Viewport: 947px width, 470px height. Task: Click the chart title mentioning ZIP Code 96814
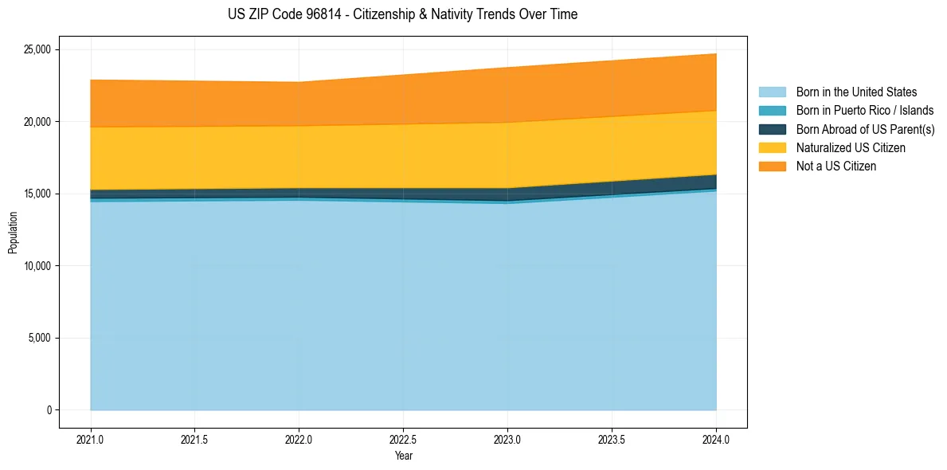(403, 14)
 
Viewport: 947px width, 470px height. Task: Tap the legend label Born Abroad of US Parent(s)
(865, 129)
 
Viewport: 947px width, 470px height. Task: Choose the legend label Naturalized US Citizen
(851, 148)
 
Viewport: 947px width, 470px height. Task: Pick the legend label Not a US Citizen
(835, 166)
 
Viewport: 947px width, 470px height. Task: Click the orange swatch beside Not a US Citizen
(772, 166)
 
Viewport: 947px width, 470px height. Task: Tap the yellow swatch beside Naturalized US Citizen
(772, 148)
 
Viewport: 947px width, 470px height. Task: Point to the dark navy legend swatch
(772, 129)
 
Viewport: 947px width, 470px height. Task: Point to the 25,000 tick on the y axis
(36, 49)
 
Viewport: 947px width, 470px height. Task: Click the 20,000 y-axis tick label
(36, 122)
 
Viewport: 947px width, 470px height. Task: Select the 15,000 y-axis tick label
(36, 194)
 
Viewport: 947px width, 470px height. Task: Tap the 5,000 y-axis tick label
(38, 338)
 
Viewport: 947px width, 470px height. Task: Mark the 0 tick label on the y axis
(49, 410)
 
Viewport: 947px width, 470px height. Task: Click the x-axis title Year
(403, 456)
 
